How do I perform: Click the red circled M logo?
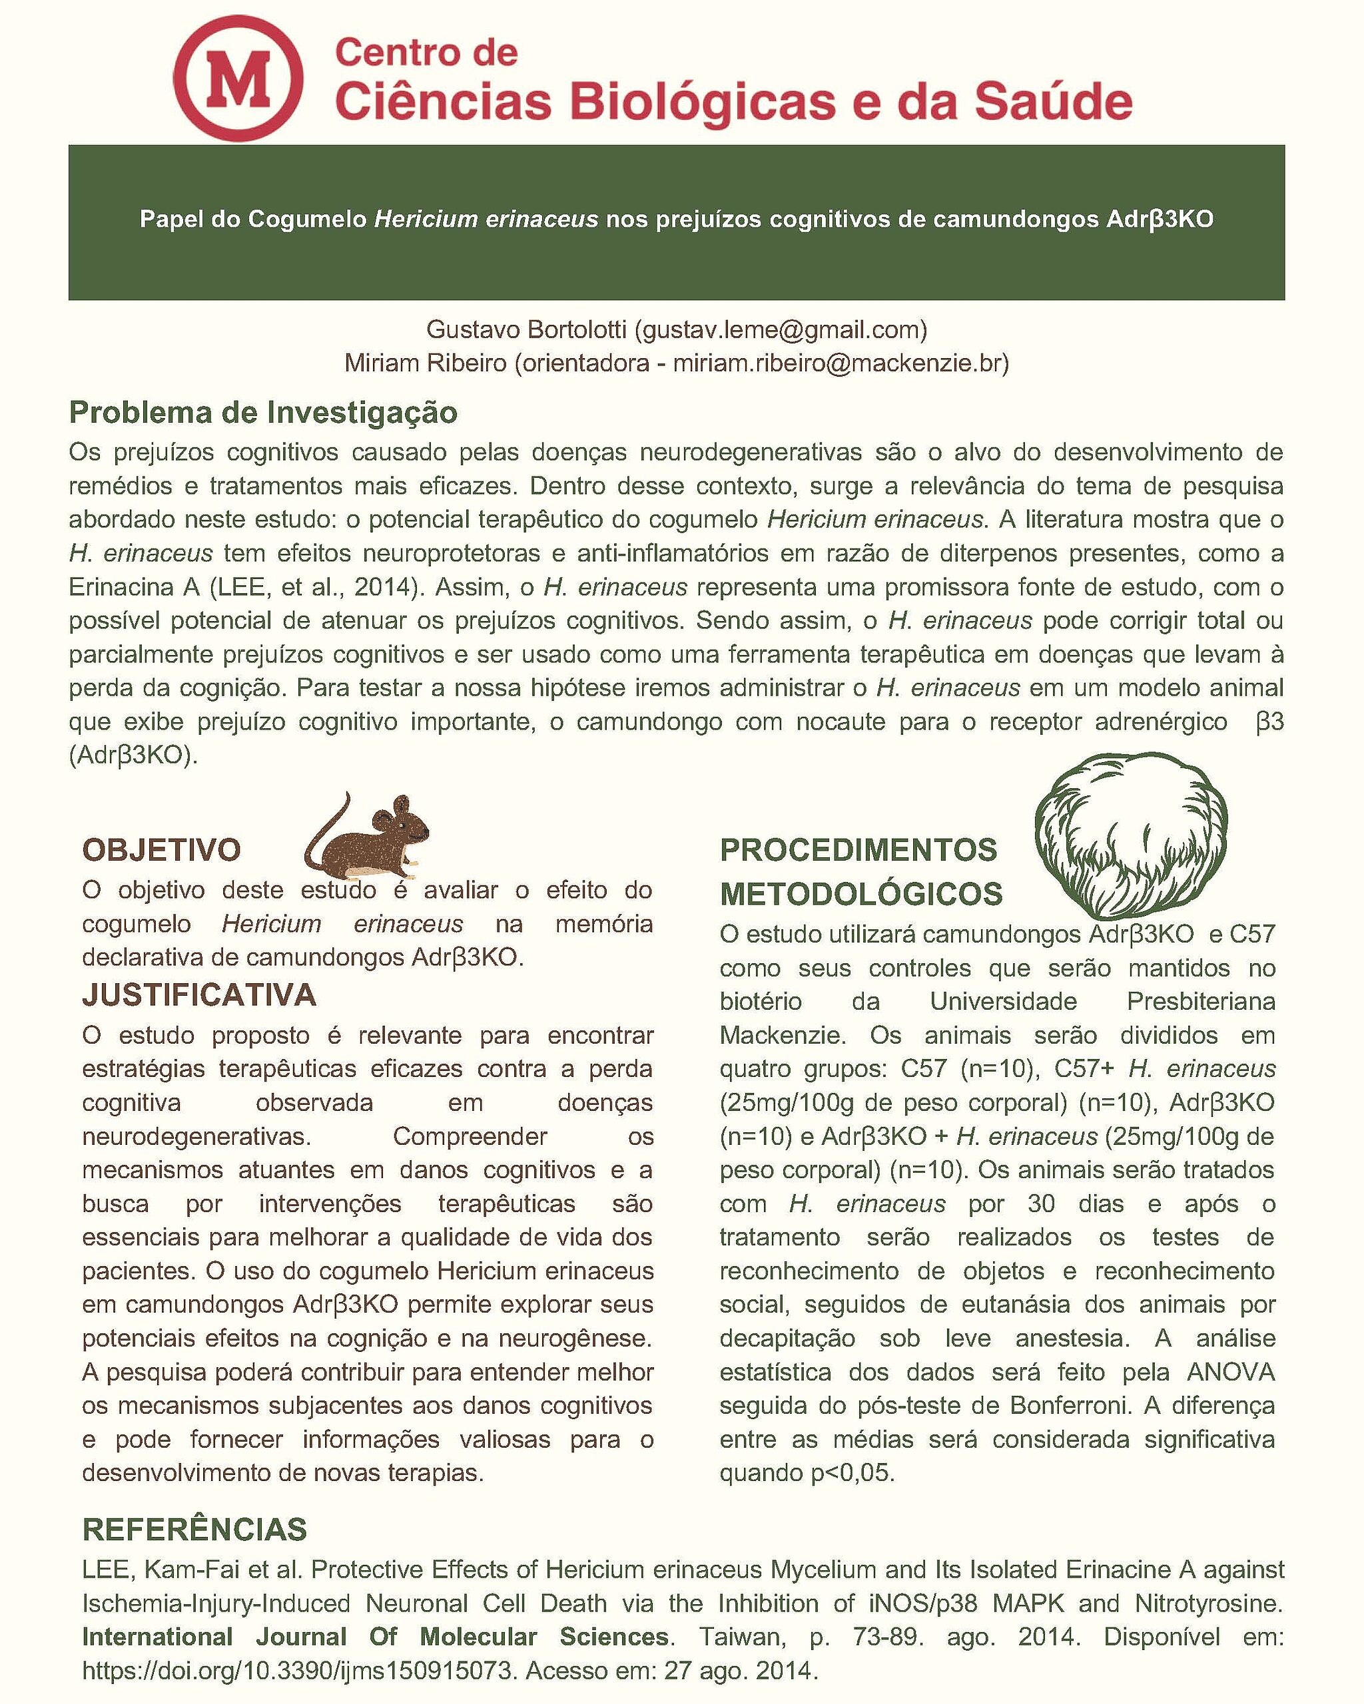(238, 79)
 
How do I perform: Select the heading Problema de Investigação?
(263, 413)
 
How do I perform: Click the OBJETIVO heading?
(161, 849)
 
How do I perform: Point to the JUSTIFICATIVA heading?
(199, 994)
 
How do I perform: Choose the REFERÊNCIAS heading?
(194, 1530)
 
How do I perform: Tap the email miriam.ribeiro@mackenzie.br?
(837, 363)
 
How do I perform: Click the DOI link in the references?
(299, 1671)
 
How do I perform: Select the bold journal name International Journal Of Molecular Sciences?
(376, 1637)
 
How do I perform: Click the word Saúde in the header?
(1052, 103)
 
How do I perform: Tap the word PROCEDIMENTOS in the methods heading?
(858, 849)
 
